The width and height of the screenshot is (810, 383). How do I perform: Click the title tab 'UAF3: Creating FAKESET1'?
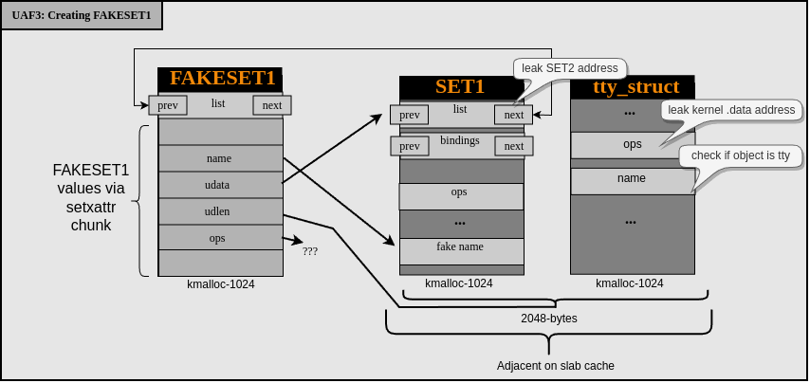(81, 15)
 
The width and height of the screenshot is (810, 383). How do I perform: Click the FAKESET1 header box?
(220, 79)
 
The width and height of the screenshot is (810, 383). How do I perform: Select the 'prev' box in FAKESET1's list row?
(168, 105)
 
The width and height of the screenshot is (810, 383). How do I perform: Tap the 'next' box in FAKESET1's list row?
(272, 105)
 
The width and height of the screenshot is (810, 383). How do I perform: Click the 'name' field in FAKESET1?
(220, 158)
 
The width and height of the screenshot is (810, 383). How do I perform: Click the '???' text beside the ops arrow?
(310, 251)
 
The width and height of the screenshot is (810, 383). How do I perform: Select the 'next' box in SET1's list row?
(514, 115)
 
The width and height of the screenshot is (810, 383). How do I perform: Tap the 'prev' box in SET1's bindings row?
(410, 146)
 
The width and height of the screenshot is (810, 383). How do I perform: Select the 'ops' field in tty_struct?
(632, 145)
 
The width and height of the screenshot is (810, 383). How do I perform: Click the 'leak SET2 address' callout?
(569, 68)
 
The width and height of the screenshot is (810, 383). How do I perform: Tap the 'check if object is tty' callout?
(740, 155)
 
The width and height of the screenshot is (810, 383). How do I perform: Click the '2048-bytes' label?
(548, 319)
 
